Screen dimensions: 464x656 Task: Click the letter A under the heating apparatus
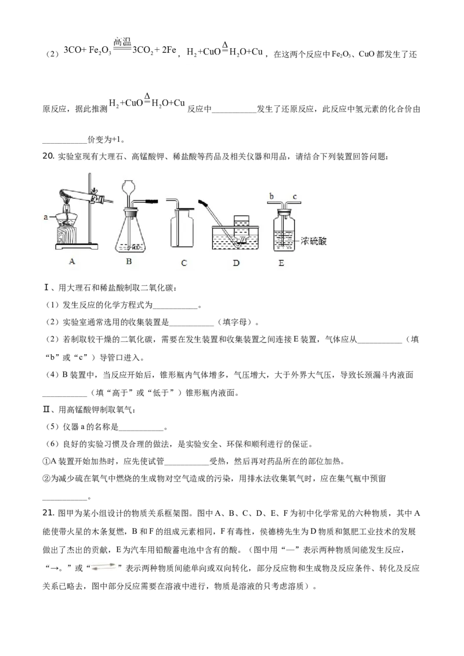(72, 261)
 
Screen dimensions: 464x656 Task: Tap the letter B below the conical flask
(129, 261)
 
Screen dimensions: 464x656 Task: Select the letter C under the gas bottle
(184, 263)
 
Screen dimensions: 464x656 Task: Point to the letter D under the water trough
(236, 263)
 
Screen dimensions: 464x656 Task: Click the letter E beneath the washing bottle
(281, 263)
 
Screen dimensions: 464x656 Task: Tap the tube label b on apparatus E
(271, 196)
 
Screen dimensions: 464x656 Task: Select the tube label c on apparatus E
(295, 196)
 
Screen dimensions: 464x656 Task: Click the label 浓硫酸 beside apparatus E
(313, 241)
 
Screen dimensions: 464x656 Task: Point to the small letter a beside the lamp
(46, 217)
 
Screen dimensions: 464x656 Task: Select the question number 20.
(49, 156)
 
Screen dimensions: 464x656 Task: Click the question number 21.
(49, 513)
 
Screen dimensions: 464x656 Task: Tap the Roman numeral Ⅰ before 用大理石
(46, 287)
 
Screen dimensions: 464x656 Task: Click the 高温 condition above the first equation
(122, 41)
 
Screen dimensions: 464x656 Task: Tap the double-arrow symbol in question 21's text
(103, 567)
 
